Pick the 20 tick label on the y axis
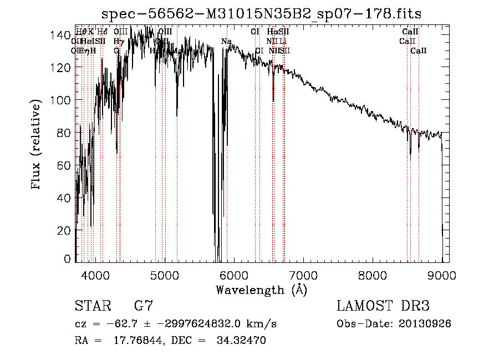(x=66, y=230)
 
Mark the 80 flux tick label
(x=66, y=133)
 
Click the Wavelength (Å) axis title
(x=262, y=290)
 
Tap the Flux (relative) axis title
(x=37, y=146)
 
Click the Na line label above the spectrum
(x=226, y=42)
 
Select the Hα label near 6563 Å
(x=272, y=32)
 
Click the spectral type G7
(x=144, y=306)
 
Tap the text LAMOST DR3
(x=383, y=306)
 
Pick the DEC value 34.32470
(x=241, y=341)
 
